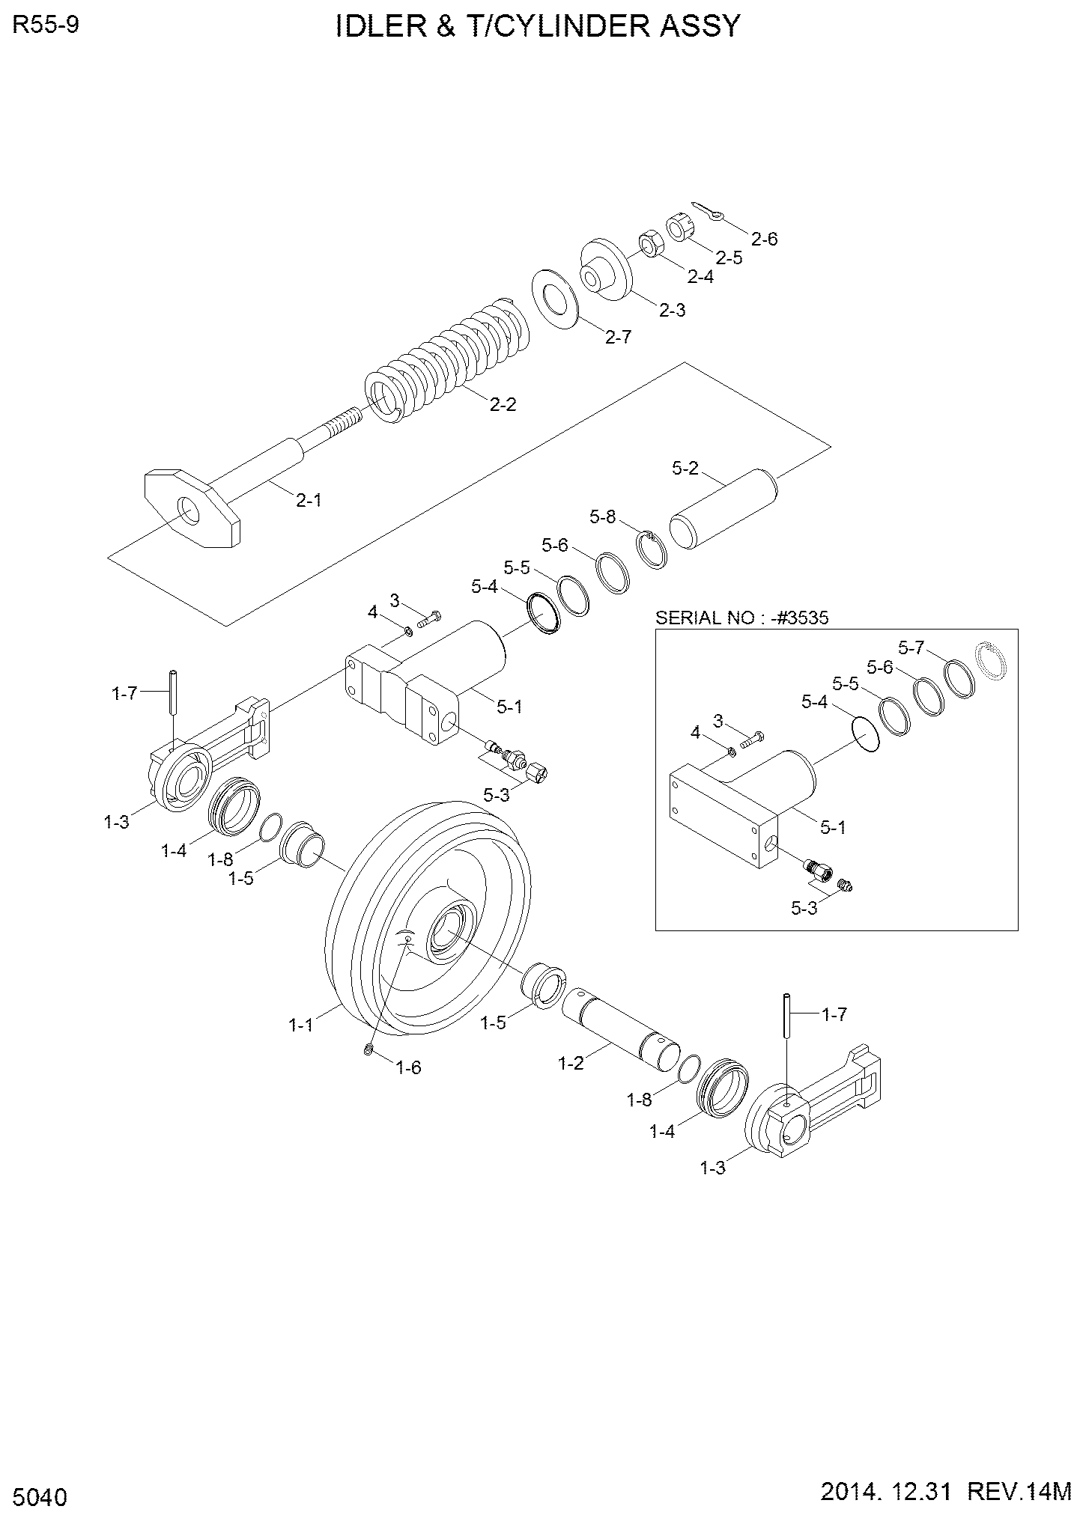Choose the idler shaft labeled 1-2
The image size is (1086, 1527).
click(622, 1025)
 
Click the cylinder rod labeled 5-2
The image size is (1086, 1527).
click(723, 509)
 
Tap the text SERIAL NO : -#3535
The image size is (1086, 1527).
click(741, 618)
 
